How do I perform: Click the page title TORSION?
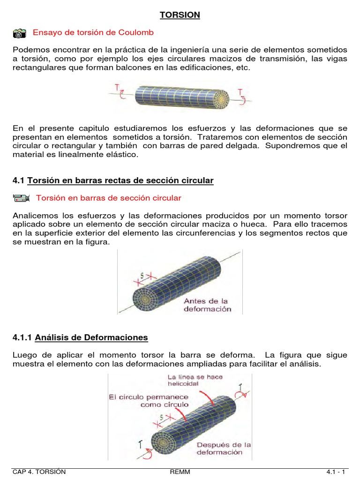pyautogui.click(x=180, y=15)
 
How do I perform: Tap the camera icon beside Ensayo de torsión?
pyautogui.click(x=20, y=33)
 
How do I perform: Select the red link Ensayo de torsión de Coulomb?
pyautogui.click(x=93, y=33)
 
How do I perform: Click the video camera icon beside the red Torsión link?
pyautogui.click(x=22, y=198)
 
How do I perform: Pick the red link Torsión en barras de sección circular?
pyautogui.click(x=108, y=198)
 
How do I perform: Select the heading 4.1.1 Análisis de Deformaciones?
pyautogui.click(x=80, y=337)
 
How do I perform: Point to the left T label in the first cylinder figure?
pyautogui.click(x=116, y=87)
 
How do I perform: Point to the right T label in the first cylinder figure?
pyautogui.click(x=240, y=92)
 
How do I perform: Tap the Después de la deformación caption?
pyautogui.click(x=224, y=448)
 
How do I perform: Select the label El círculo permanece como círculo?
pyautogui.click(x=149, y=400)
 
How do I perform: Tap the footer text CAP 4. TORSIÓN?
pyautogui.click(x=39, y=472)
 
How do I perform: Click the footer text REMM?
pyautogui.click(x=180, y=472)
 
